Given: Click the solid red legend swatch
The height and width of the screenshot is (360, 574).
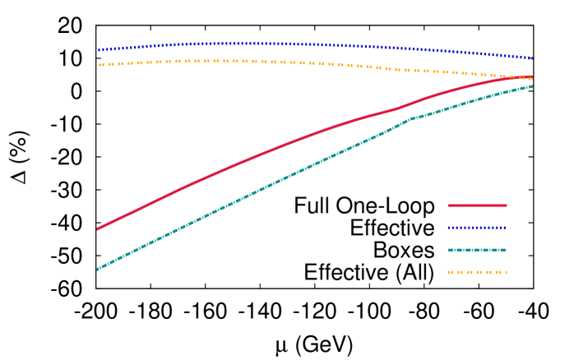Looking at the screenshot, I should click(477, 205).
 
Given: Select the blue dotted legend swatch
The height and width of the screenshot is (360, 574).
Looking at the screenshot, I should click(477, 228).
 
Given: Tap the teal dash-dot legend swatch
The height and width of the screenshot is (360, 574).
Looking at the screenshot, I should click(477, 250).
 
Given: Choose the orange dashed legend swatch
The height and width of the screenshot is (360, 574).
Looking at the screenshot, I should click(477, 272).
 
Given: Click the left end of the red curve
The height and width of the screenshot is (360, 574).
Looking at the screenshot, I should click(97, 228).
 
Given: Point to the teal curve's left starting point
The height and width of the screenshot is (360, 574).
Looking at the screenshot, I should click(97, 269).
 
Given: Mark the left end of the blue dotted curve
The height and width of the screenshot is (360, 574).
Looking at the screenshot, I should click(100, 50).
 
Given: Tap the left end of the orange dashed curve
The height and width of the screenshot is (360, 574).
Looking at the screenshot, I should click(100, 64).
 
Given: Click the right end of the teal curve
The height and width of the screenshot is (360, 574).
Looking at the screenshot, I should click(532, 86).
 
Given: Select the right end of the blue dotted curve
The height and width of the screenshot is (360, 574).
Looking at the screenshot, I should click(532, 58).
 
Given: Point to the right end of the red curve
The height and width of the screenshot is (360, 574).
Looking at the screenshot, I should click(532, 78).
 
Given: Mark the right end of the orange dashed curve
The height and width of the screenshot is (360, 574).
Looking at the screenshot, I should click(532, 78).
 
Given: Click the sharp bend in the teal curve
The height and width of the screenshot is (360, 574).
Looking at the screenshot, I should click(410, 119).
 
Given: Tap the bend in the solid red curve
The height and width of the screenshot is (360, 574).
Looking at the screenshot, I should click(397, 108).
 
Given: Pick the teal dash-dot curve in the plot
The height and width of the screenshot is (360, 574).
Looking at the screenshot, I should click(247, 196).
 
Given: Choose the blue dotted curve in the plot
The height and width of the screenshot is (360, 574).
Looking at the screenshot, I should click(247, 44).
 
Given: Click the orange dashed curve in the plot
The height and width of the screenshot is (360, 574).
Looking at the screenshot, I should click(247, 62).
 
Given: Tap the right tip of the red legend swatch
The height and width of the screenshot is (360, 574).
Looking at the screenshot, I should click(507, 205).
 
